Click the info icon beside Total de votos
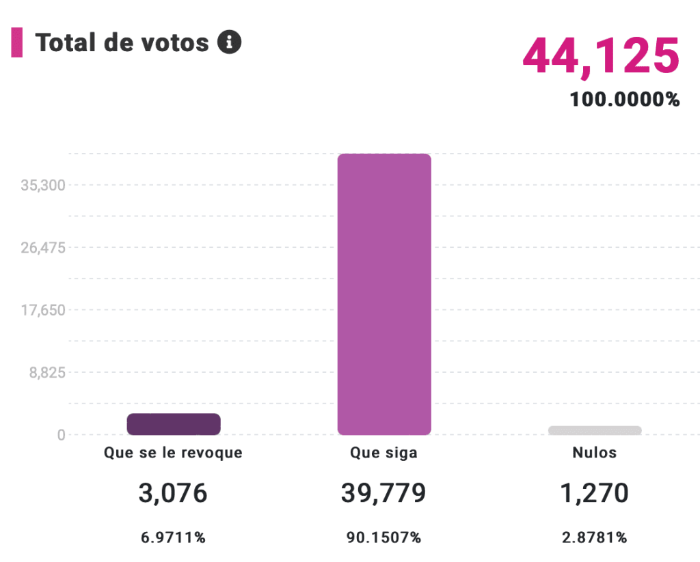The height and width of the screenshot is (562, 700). (x=229, y=42)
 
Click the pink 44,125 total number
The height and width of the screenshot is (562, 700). (x=601, y=56)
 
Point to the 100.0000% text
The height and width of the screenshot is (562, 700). (x=625, y=100)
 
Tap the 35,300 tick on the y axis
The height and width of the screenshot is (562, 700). (x=43, y=185)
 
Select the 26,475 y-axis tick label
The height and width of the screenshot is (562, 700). (x=43, y=247)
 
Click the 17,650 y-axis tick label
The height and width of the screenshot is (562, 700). (x=43, y=310)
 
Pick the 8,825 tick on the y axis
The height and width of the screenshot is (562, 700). (x=46, y=373)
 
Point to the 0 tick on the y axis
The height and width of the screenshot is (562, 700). (x=61, y=435)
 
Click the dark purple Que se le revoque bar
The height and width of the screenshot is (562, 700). (x=174, y=424)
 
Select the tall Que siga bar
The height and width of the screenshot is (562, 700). (x=384, y=294)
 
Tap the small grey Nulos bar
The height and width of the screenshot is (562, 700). (x=595, y=430)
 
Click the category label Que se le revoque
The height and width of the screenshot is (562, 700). (x=173, y=453)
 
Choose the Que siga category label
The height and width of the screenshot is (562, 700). (x=383, y=453)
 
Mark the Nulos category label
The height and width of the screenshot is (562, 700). (x=594, y=453)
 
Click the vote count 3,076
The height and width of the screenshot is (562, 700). (x=173, y=493)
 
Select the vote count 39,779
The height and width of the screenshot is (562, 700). (x=383, y=493)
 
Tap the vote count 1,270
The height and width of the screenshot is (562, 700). (x=594, y=493)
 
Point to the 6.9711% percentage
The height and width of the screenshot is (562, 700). (x=173, y=537)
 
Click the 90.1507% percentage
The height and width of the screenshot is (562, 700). (x=383, y=537)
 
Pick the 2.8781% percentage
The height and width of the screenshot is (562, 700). (x=594, y=537)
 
